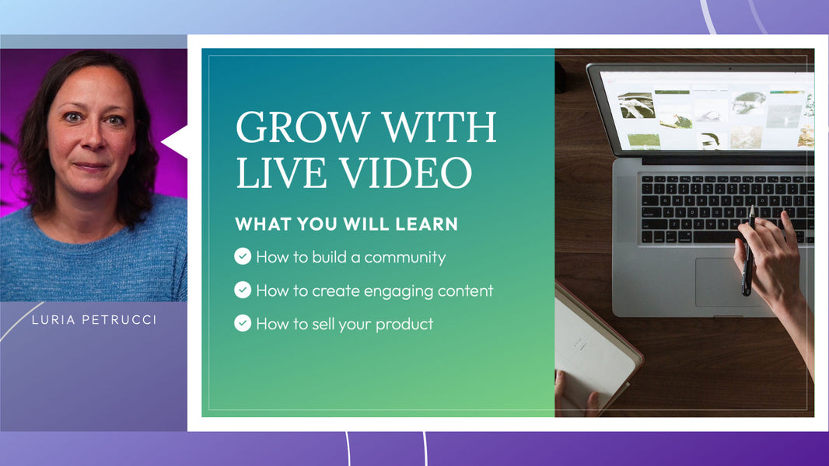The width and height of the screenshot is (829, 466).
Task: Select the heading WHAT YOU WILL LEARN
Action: pyautogui.click(x=346, y=224)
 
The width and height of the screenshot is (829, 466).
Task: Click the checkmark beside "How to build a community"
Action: pyautogui.click(x=243, y=256)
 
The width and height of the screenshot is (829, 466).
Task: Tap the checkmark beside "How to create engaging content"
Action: pyautogui.click(x=243, y=290)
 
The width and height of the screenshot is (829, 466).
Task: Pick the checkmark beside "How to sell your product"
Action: pyautogui.click(x=243, y=323)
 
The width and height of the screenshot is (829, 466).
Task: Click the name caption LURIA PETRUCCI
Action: pyautogui.click(x=94, y=320)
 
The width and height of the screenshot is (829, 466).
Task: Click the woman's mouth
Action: pyautogui.click(x=92, y=166)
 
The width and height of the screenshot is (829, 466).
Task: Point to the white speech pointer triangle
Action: pyautogui.click(x=175, y=141)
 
